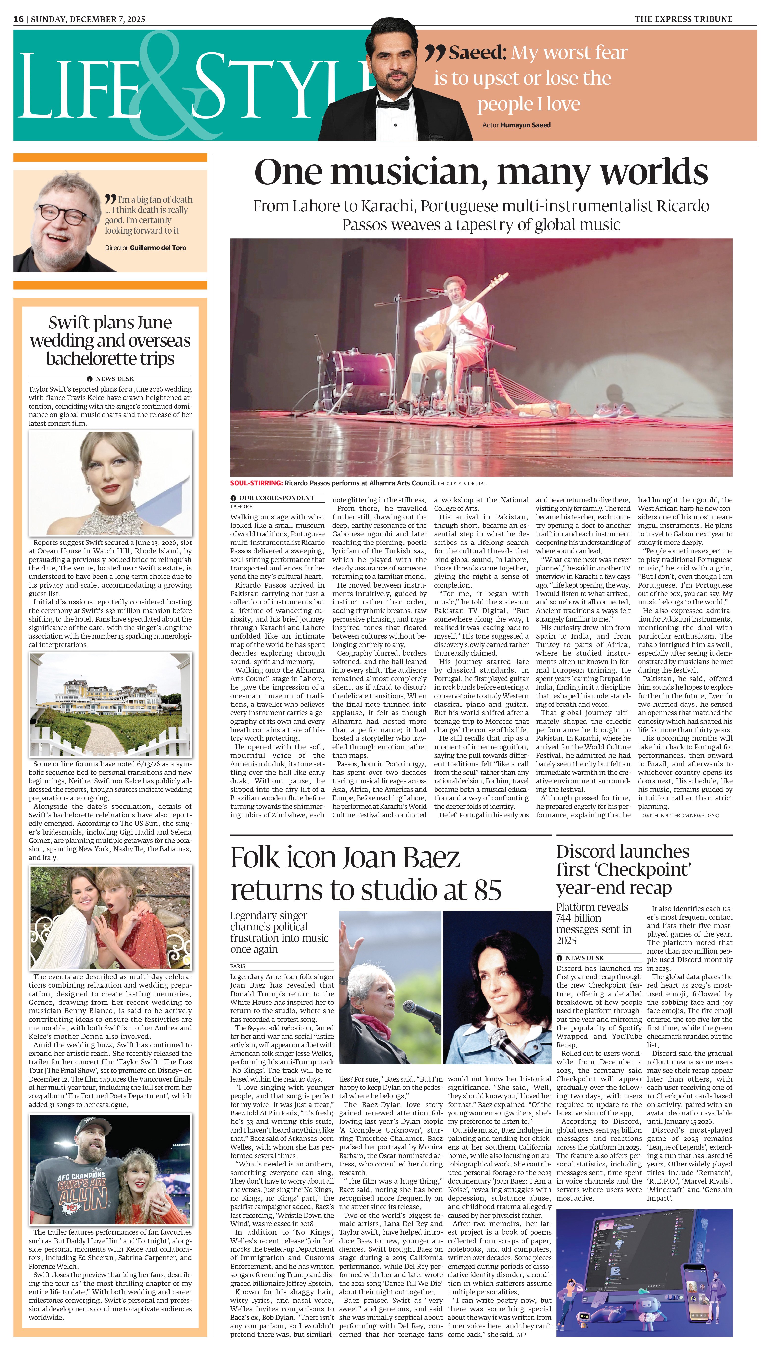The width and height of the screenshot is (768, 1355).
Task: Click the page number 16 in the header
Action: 19,19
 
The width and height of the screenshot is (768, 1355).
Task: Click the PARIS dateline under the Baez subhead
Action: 238,966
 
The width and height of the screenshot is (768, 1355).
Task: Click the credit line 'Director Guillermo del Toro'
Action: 145,248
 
